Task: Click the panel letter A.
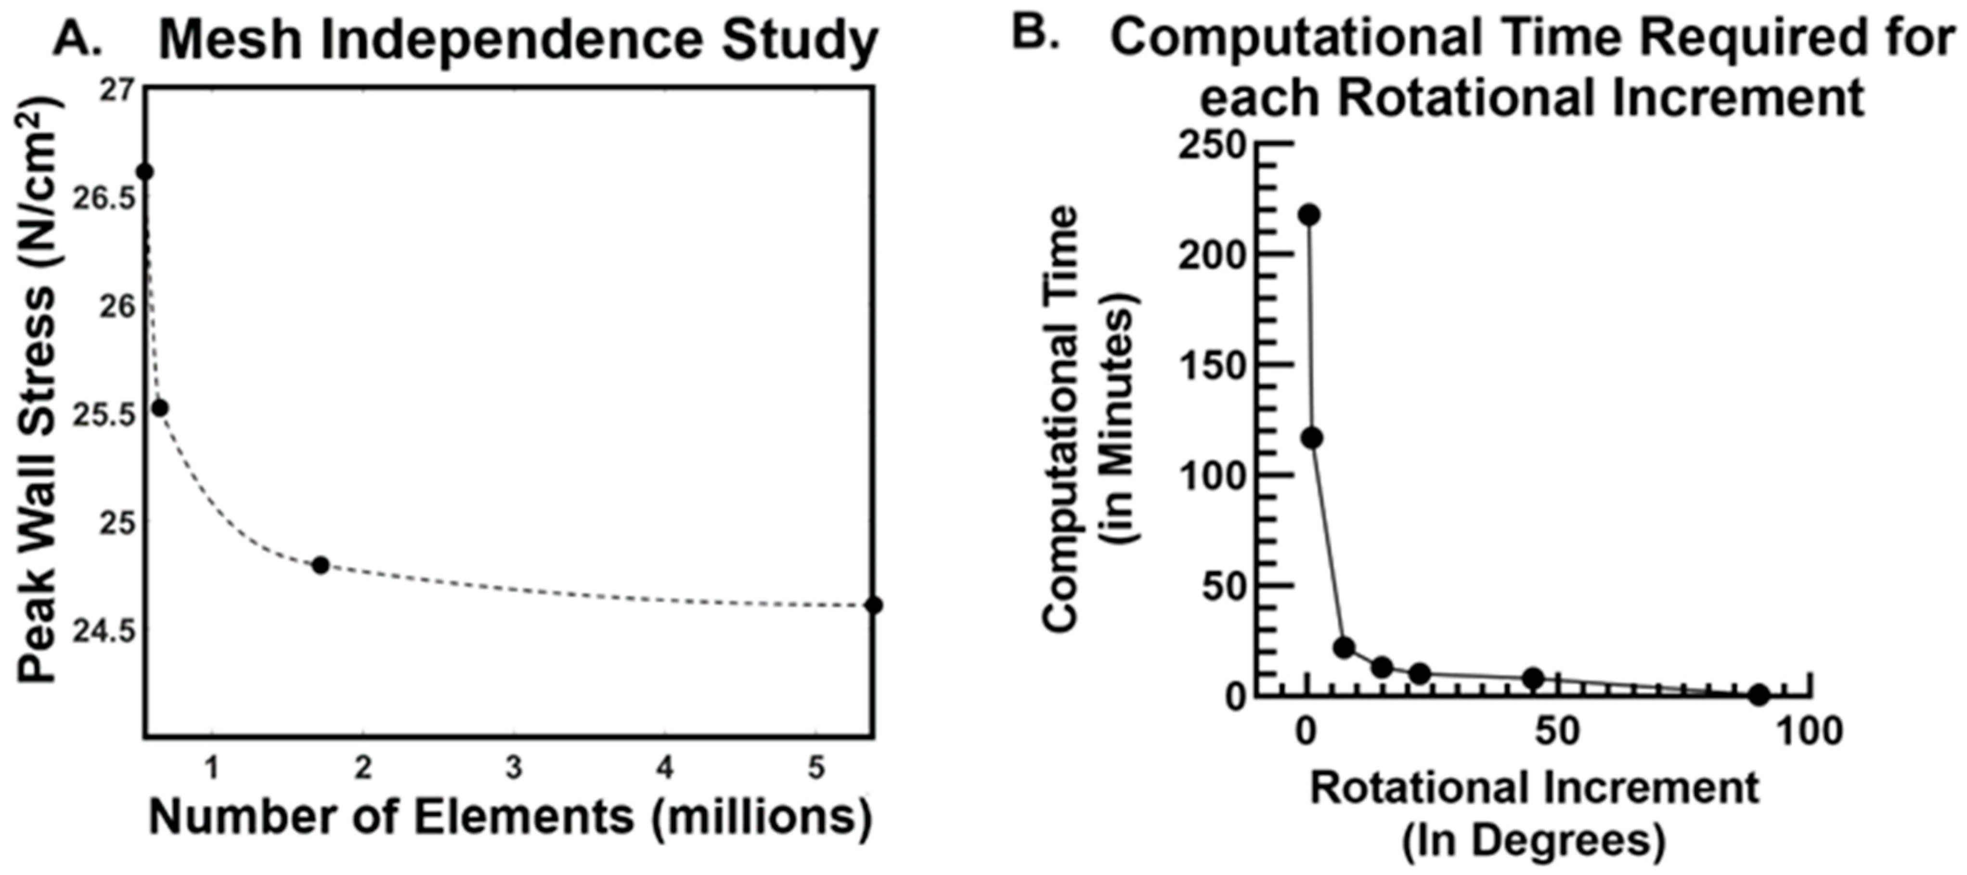click(x=77, y=38)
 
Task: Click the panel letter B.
click(x=1035, y=34)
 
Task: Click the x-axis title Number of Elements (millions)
click(x=510, y=817)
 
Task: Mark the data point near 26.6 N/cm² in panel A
click(x=144, y=172)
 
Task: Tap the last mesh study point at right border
click(x=874, y=605)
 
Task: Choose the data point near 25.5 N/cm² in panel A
click(x=160, y=409)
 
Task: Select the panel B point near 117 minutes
click(x=1313, y=438)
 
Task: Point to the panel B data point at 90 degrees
click(x=1759, y=695)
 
